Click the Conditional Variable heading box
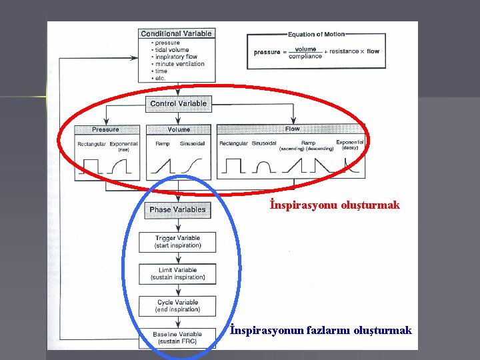tap(176, 33)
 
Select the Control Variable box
tap(178, 103)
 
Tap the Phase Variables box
tap(177, 209)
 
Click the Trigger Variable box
tap(177, 241)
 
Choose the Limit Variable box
tap(177, 273)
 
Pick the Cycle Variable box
tap(177, 306)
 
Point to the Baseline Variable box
tap(177, 338)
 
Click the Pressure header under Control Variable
tap(105, 129)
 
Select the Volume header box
tap(179, 129)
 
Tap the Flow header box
tap(292, 129)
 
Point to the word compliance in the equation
tap(305, 57)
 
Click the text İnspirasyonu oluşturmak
tap(335, 205)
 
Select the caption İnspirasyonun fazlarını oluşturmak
tap(321, 330)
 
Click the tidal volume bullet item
tap(171, 50)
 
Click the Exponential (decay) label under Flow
tap(350, 145)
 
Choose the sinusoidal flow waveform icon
tap(265, 165)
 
